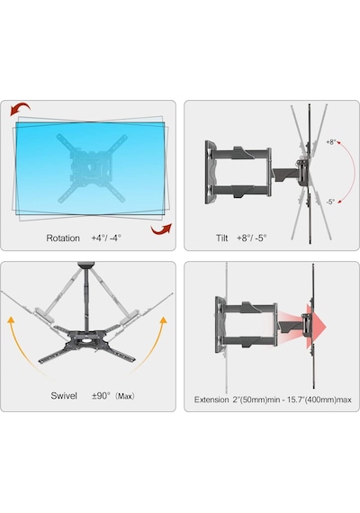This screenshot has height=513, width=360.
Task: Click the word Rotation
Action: click(63, 238)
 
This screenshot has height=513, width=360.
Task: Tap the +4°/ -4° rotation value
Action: click(106, 238)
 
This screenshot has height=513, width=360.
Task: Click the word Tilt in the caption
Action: click(221, 238)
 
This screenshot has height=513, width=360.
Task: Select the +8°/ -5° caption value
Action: click(251, 238)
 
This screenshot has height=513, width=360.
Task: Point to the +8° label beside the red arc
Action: click(331, 142)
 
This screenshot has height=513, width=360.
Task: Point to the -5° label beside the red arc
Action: click(330, 202)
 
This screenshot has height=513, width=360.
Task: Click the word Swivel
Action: click(64, 395)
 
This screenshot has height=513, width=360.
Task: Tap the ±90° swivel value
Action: click(101, 395)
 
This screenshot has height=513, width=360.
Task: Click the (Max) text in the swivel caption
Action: click(125, 396)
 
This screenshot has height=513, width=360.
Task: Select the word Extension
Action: click(211, 400)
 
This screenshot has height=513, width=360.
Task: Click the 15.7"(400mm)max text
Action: click(316, 400)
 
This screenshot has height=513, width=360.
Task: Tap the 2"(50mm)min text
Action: click(254, 400)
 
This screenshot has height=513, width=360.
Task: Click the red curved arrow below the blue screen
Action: click(161, 229)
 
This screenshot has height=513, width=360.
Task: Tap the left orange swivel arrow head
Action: click(12, 320)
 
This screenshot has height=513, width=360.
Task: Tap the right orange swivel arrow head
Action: click(163, 319)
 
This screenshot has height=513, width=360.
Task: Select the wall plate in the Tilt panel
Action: click(211, 173)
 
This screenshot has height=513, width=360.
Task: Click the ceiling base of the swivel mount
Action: click(85, 264)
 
